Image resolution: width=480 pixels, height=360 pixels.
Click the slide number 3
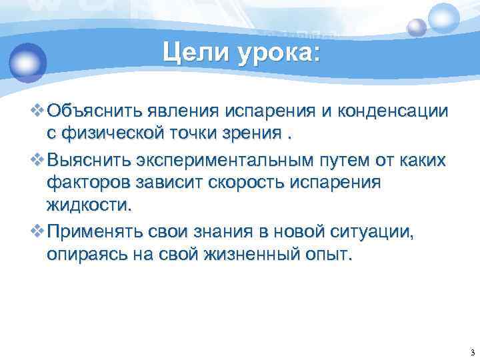click(471, 352)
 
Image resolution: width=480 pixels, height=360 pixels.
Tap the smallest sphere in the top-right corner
click(417, 27)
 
